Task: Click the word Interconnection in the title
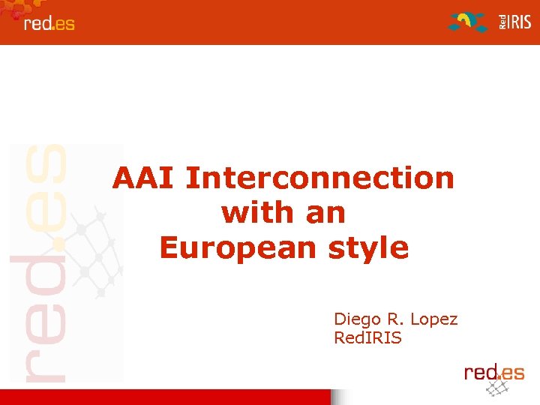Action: (x=319, y=178)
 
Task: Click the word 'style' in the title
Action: (x=368, y=247)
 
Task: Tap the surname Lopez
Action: (x=434, y=319)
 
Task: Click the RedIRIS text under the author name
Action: (x=367, y=338)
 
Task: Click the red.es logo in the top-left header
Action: (x=49, y=23)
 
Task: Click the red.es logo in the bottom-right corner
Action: (x=493, y=371)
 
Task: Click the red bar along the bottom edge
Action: (x=165, y=397)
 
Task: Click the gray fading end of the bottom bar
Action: (x=340, y=397)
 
